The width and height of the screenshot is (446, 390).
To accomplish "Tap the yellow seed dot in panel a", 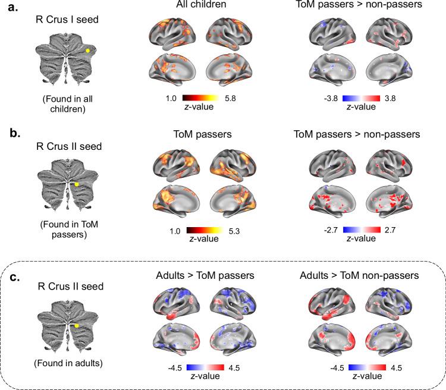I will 87,51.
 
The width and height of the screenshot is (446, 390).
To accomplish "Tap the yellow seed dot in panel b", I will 77,185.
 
